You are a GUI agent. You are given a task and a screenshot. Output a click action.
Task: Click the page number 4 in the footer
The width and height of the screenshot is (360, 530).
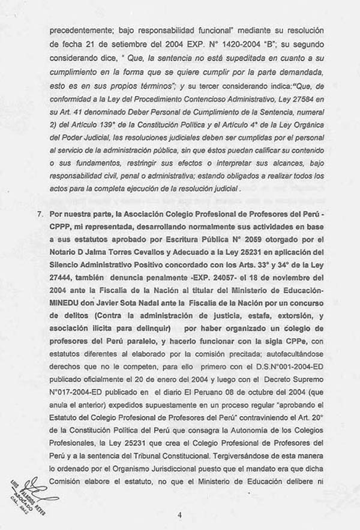[179, 514]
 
